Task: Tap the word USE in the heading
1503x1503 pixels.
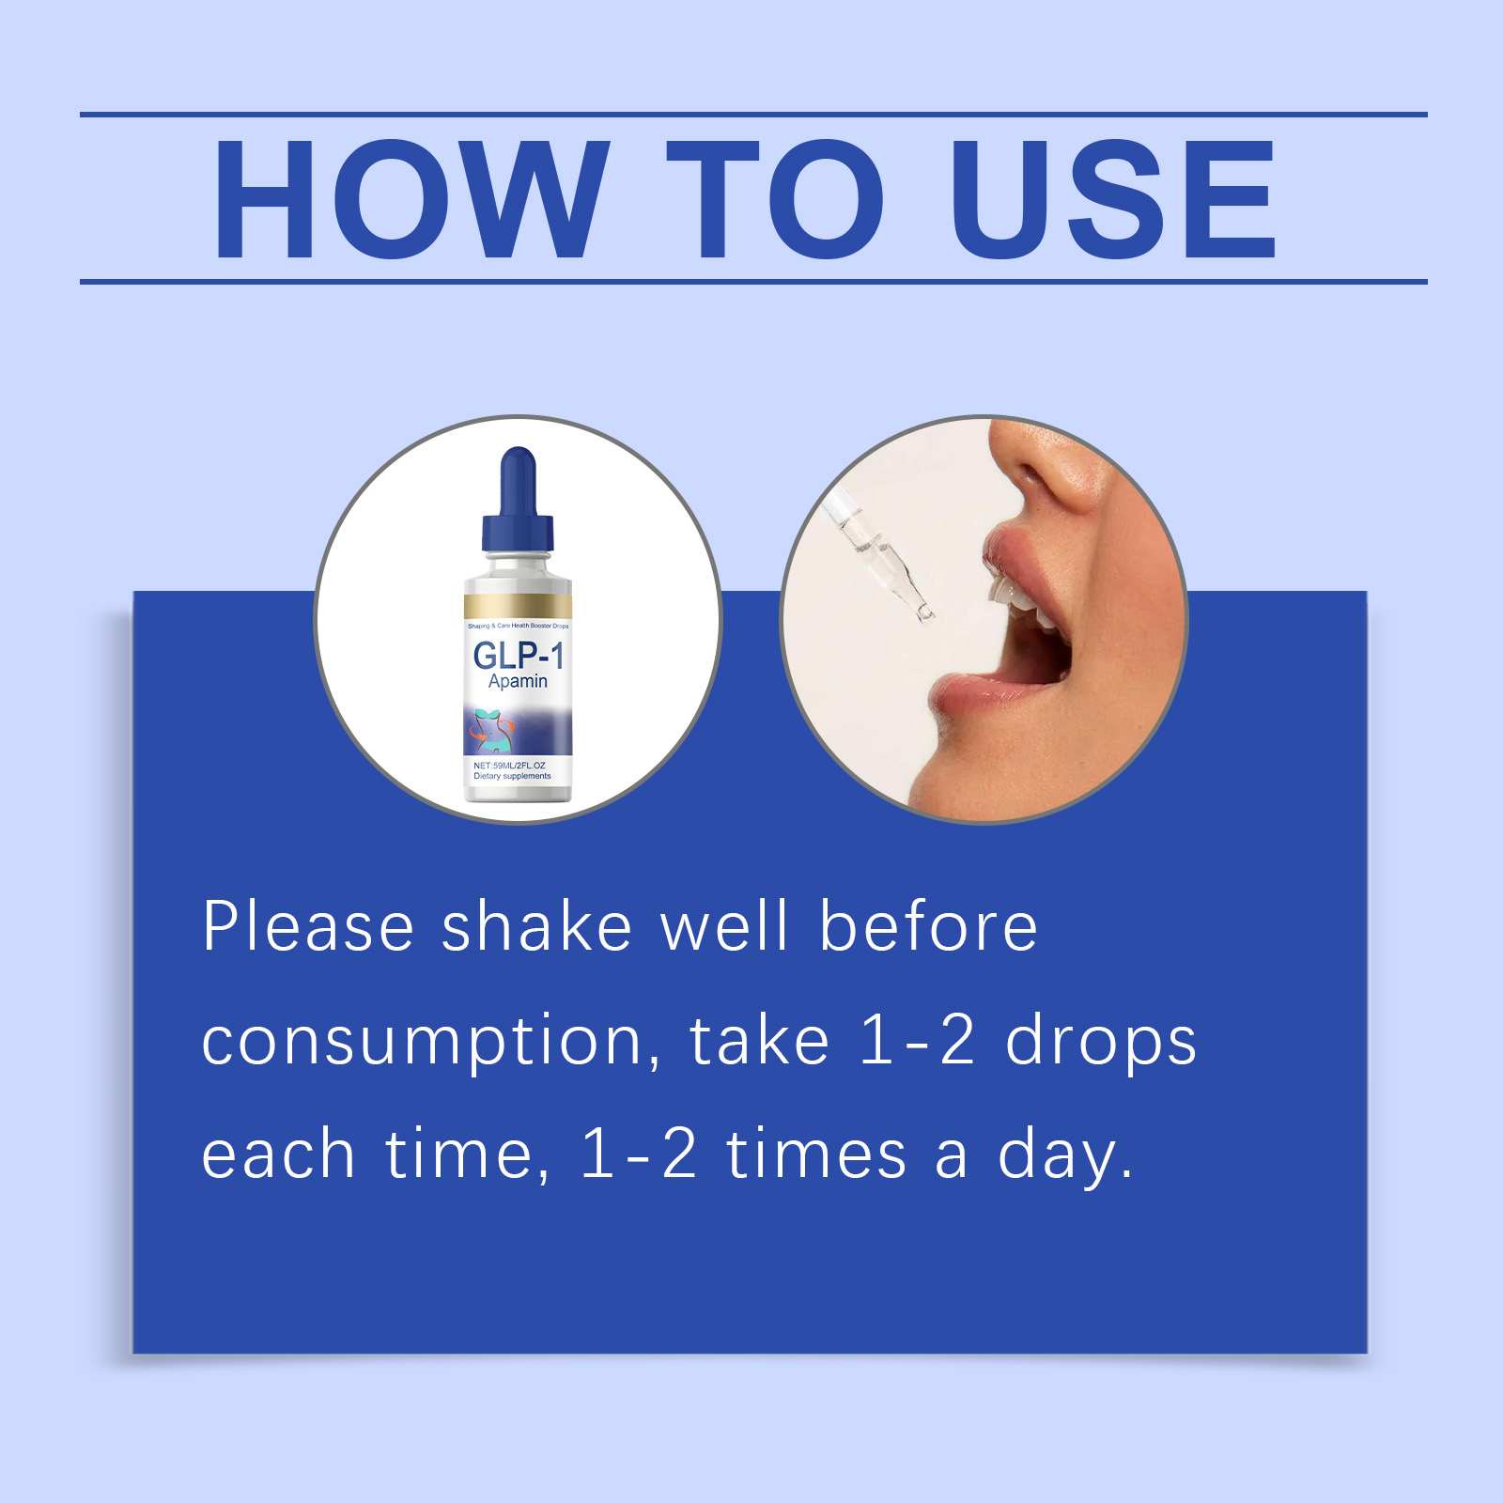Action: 1113,199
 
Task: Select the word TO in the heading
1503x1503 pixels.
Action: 775,199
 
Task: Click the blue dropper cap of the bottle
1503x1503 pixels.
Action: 518,503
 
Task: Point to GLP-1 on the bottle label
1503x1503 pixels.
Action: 518,655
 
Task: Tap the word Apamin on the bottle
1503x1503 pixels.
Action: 518,681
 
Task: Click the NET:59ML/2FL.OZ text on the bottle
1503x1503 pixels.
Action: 509,766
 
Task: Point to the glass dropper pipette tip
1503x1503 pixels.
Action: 923,612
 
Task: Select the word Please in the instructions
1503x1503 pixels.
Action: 308,928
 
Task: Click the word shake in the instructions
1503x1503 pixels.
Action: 536,928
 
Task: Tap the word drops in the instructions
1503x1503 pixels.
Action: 1101,1043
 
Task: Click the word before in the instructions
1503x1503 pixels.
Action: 928,928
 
